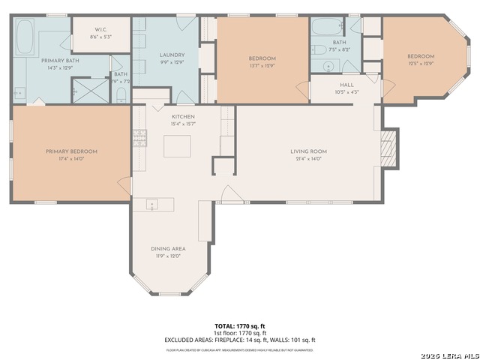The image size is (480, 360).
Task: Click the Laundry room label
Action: click(x=172, y=55)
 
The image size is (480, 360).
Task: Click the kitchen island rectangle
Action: click(x=177, y=145)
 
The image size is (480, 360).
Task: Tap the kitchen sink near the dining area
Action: click(x=151, y=203)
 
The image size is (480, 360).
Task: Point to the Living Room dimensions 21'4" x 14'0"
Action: click(x=310, y=159)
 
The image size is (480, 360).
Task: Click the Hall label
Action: click(x=346, y=85)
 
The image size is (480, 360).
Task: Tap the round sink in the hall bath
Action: click(x=328, y=66)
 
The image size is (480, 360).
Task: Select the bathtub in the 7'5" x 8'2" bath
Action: click(x=327, y=27)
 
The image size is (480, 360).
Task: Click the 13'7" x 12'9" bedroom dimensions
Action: click(x=262, y=65)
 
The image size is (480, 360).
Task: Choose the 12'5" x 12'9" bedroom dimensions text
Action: click(x=421, y=64)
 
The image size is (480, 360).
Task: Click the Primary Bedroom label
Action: click(x=71, y=151)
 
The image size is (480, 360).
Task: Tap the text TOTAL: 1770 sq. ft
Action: click(x=240, y=326)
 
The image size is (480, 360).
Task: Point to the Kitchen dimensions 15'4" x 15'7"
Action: click(x=183, y=124)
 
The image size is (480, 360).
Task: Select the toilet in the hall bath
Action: click(x=318, y=50)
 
